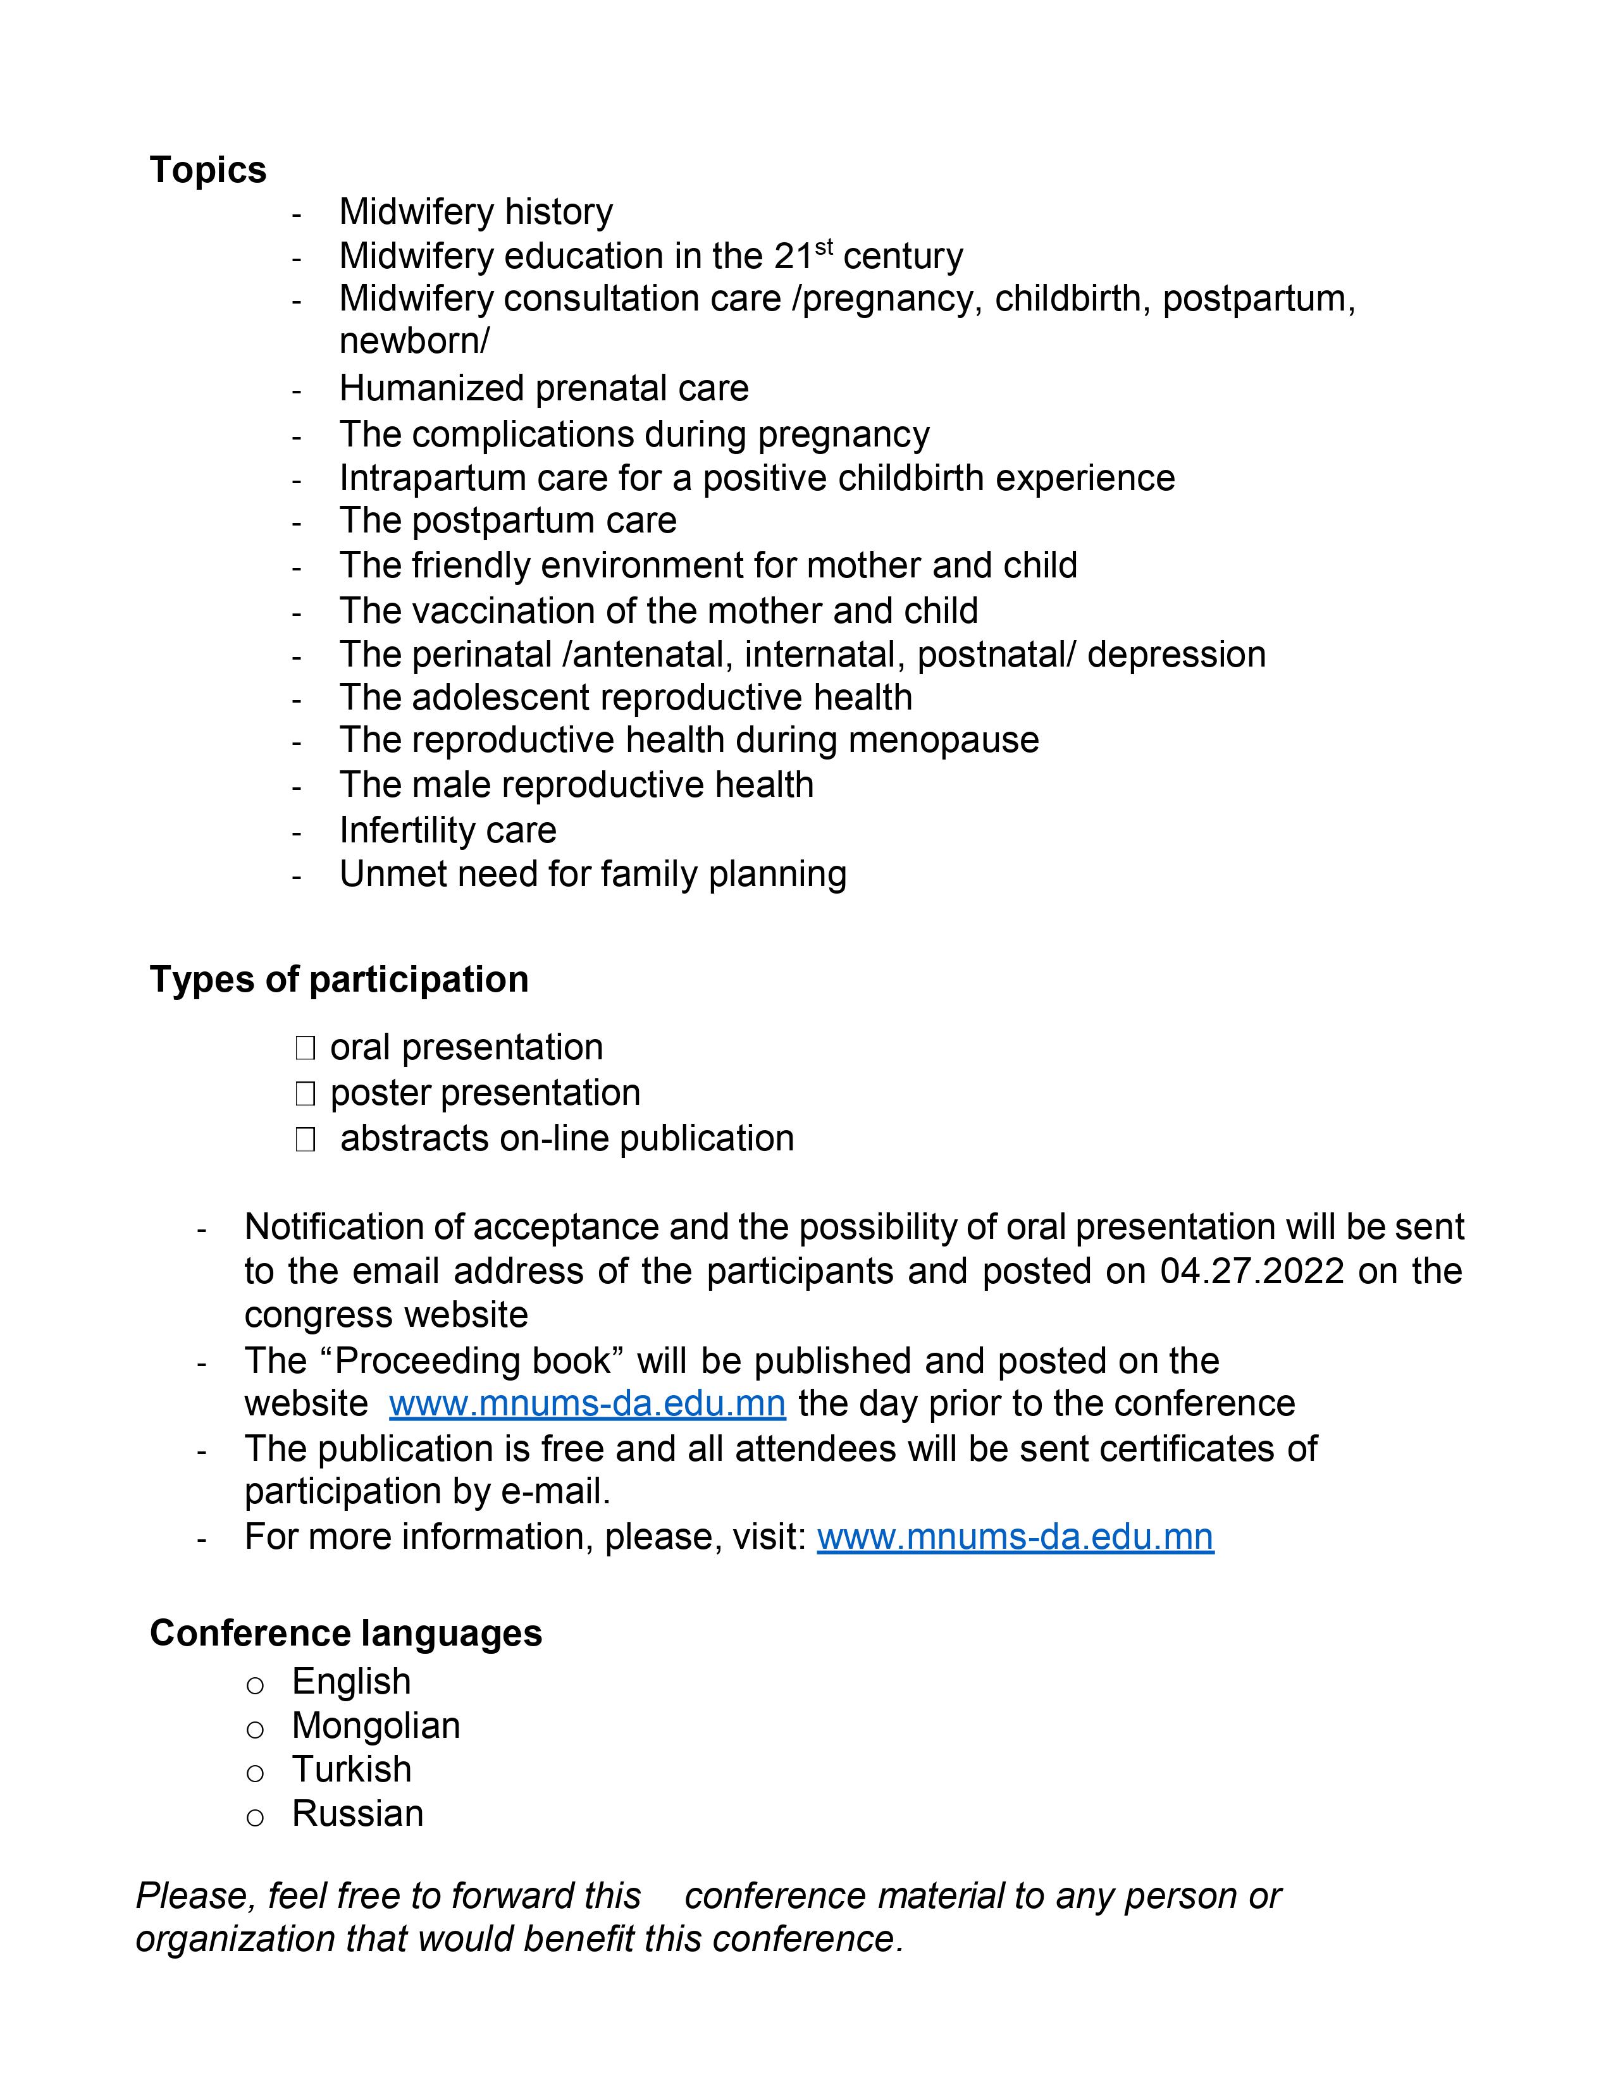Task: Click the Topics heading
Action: tap(207, 170)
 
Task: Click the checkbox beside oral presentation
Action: tap(305, 1049)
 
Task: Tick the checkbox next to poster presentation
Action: tap(305, 1093)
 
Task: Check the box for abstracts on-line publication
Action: tap(305, 1139)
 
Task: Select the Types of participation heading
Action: tap(338, 980)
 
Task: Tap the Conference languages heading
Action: tap(345, 1633)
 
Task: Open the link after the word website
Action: tap(587, 1403)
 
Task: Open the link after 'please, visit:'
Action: tap(1015, 1537)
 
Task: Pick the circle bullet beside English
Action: tap(255, 1685)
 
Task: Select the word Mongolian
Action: tap(376, 1726)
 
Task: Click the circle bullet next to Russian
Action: tap(255, 1816)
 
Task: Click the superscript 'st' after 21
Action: tap(824, 249)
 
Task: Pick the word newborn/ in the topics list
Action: tap(414, 341)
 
